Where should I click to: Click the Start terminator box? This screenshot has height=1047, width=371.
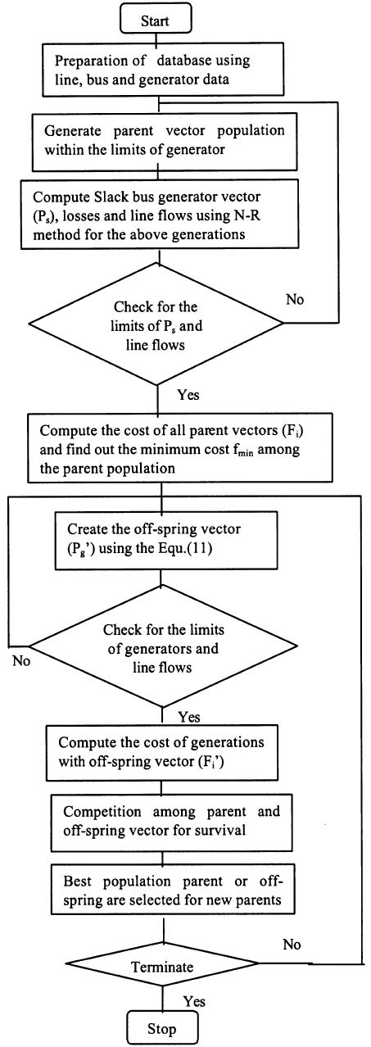[x=156, y=18]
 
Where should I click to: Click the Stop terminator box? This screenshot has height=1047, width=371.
[x=156, y=1027]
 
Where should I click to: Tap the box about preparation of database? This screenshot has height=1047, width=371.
[x=156, y=71]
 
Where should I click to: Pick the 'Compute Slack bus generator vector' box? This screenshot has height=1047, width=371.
[x=156, y=216]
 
